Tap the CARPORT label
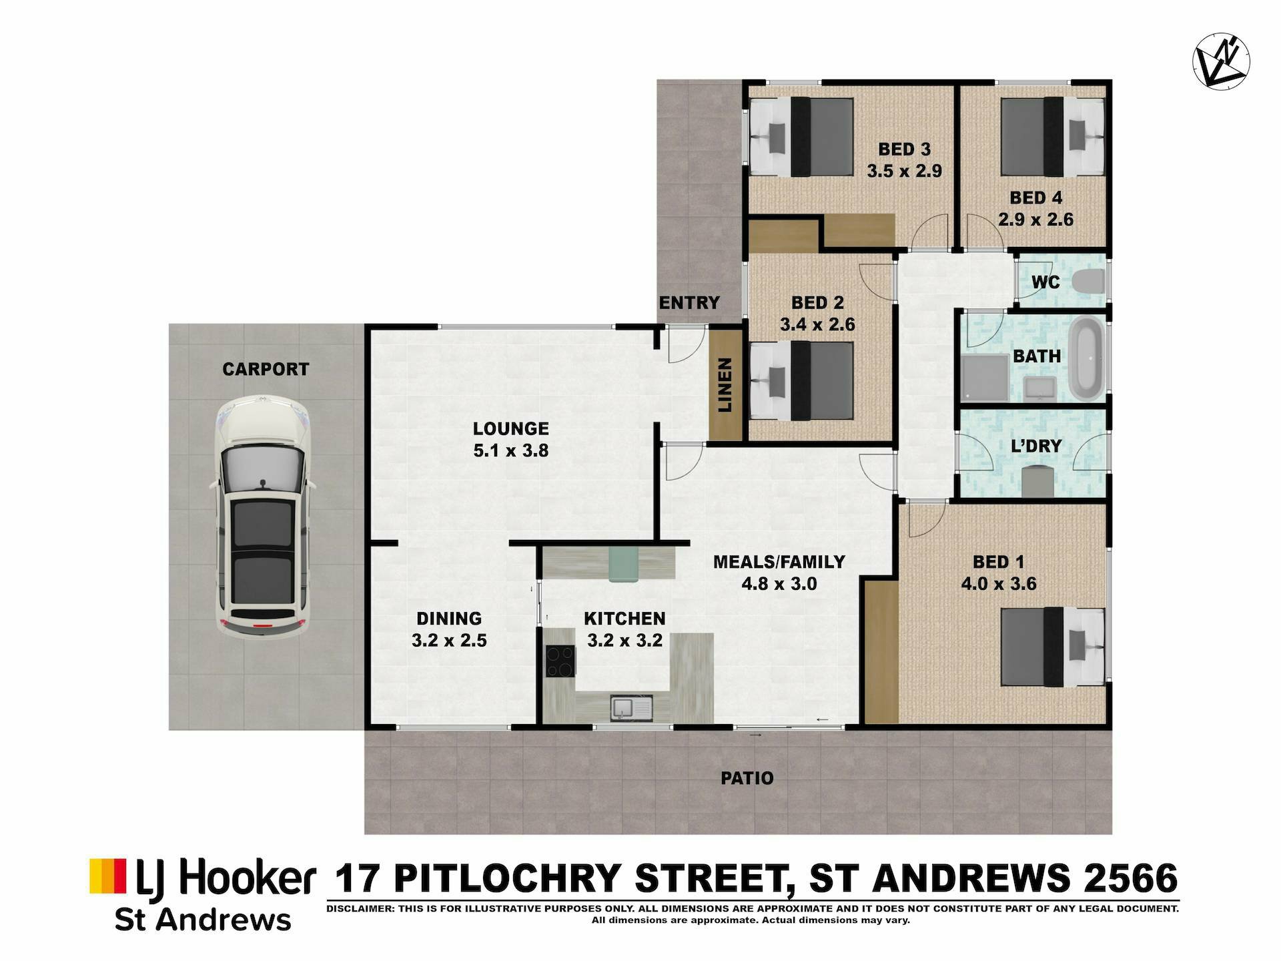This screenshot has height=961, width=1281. click(x=266, y=369)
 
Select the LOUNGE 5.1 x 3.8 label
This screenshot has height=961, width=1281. click(x=511, y=439)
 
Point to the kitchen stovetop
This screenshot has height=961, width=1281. click(x=560, y=661)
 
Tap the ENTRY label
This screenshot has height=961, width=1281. click(x=689, y=303)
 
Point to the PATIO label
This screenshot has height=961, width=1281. click(x=747, y=778)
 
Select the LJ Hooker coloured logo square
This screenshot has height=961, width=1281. click(x=108, y=876)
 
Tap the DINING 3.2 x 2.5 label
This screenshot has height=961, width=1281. click(x=449, y=629)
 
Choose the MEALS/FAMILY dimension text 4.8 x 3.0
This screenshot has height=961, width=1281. click(x=779, y=584)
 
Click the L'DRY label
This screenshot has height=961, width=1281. click(x=1035, y=446)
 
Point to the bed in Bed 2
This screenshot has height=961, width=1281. click(x=801, y=381)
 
